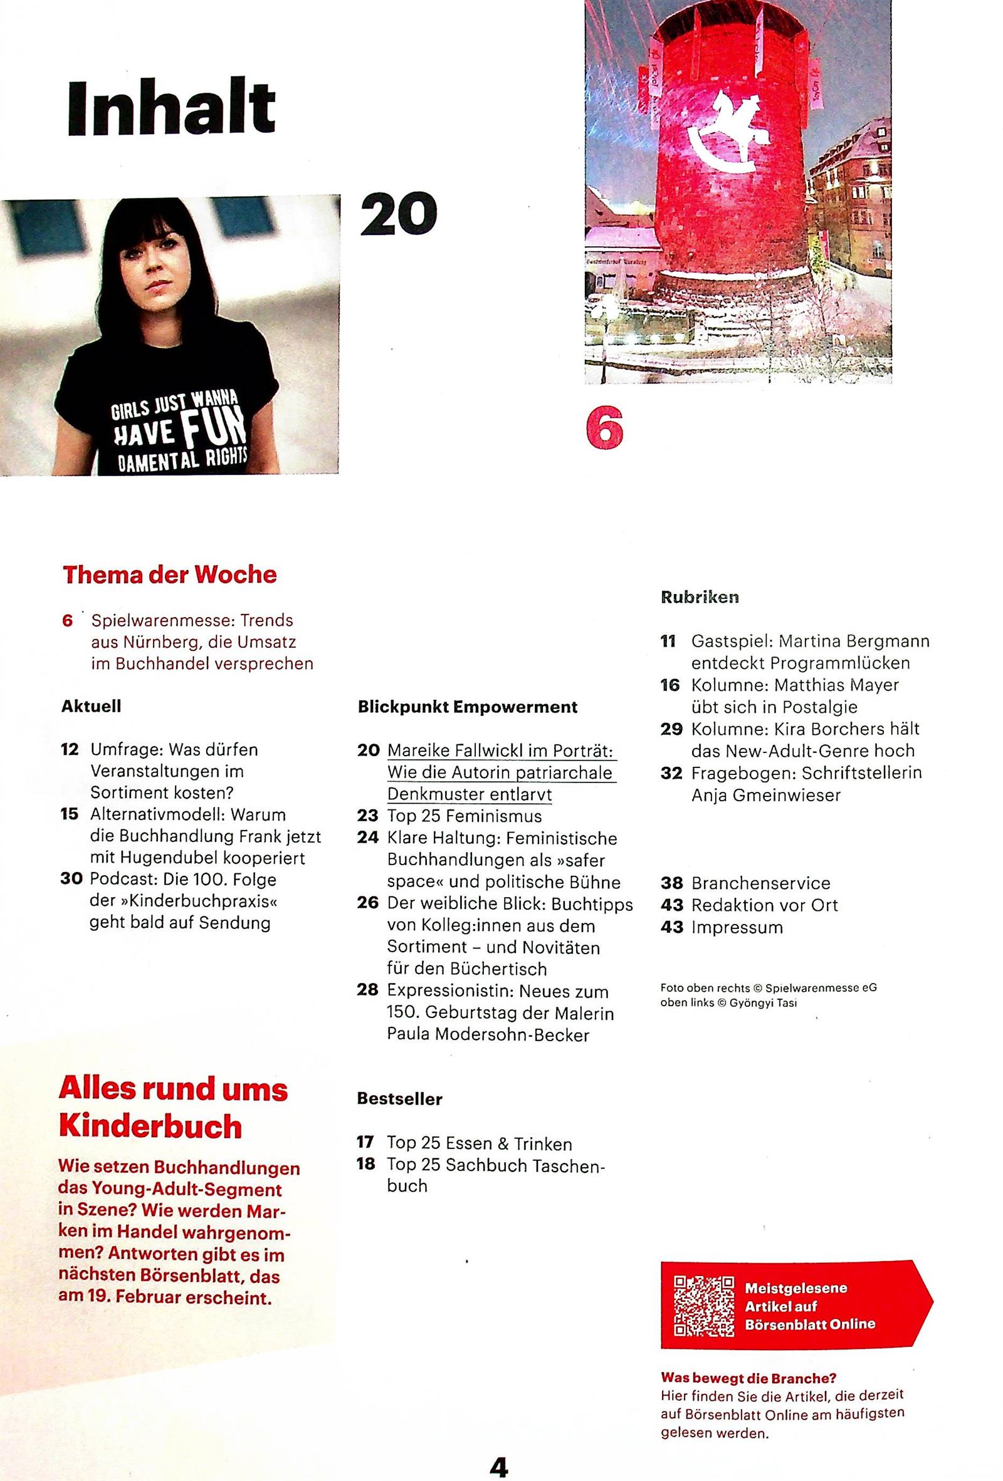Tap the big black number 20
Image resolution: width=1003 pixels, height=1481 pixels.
click(x=399, y=214)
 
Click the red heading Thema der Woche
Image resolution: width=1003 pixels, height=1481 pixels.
click(x=169, y=574)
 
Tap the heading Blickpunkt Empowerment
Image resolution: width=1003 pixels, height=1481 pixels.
click(x=468, y=707)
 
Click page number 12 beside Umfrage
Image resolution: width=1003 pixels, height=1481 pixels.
click(x=70, y=749)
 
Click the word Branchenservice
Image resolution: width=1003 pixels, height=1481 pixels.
click(x=760, y=883)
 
